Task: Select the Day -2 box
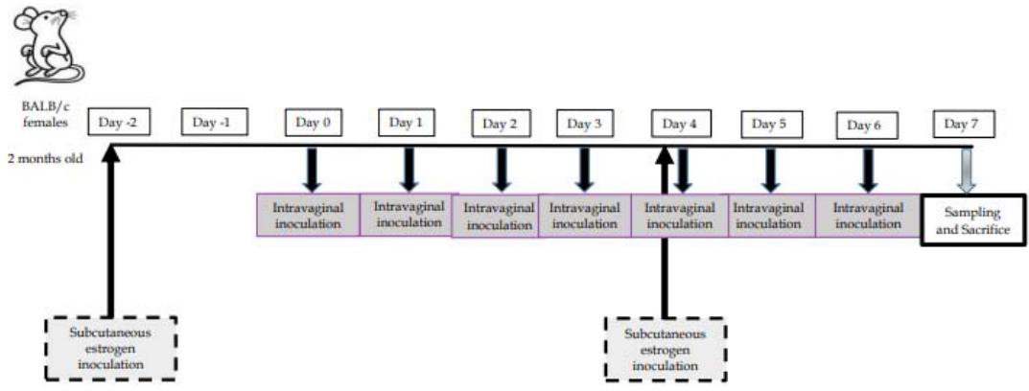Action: coord(119,123)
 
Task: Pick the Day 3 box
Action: coord(585,124)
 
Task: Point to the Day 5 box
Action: coord(769,124)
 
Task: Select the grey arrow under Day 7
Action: coord(968,170)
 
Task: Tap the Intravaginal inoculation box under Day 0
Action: coord(307,217)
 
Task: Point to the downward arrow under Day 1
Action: coord(409,170)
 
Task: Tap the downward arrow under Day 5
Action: coord(769,170)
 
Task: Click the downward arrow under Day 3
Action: coord(584,170)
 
